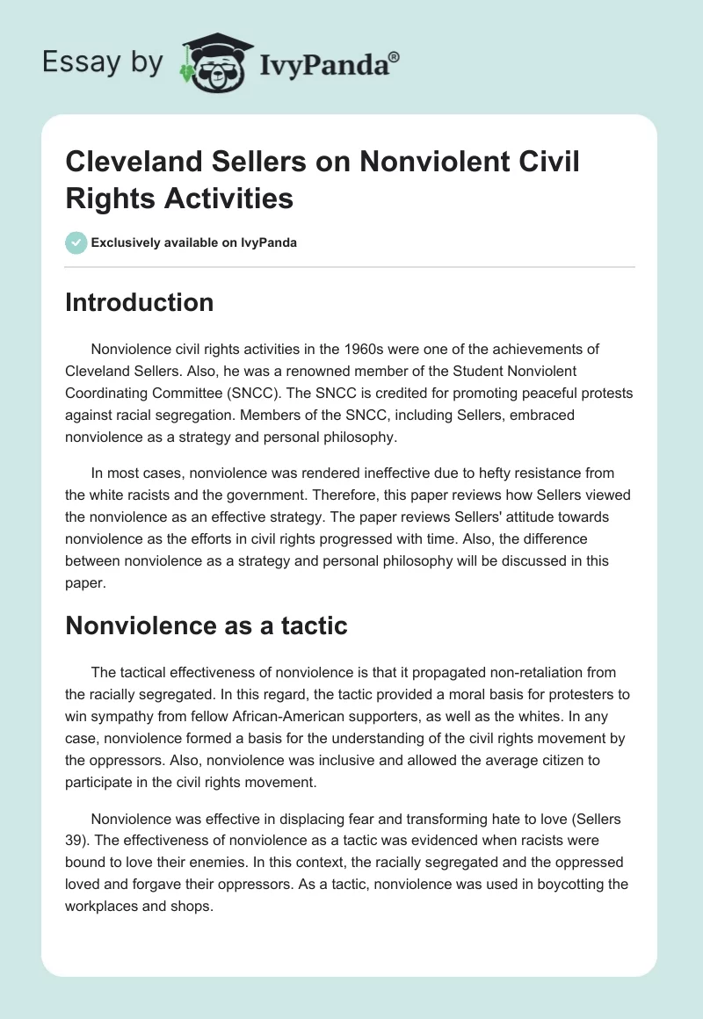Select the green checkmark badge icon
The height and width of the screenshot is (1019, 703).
(x=76, y=242)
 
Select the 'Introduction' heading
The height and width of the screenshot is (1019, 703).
(x=140, y=302)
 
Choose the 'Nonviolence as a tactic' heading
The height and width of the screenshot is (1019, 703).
(x=207, y=625)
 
